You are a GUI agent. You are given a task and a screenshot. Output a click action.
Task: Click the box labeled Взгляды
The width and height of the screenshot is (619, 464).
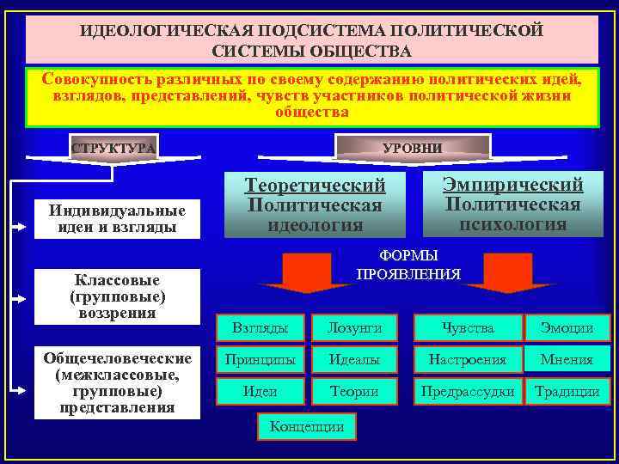tap(260, 327)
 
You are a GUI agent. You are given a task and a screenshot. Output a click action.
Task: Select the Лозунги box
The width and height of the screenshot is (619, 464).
tap(353, 327)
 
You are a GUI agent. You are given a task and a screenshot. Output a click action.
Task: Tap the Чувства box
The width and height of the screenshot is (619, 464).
tap(468, 327)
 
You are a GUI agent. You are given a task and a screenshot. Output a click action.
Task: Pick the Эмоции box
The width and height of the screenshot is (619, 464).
tap(567, 327)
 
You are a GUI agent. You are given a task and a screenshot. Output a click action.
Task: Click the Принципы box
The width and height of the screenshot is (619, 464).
tap(260, 359)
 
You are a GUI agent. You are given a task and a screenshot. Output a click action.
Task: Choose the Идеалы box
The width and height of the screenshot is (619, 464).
tap(353, 359)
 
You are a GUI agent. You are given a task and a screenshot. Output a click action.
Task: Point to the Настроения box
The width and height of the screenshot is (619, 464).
tap(468, 359)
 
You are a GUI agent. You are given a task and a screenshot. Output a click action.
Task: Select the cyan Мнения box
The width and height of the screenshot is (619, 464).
tap(567, 359)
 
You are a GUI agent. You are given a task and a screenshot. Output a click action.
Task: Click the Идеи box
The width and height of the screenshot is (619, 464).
tap(260, 391)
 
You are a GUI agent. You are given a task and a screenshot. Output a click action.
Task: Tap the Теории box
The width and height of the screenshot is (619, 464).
tap(353, 391)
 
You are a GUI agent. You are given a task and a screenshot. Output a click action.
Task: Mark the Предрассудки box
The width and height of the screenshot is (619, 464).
tap(468, 391)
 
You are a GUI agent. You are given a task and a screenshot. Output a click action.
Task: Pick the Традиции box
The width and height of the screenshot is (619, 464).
tap(567, 391)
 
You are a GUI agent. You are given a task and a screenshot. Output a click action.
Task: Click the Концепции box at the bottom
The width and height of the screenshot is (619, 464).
tap(307, 425)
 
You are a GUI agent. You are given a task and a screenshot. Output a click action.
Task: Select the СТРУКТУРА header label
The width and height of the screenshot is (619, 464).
tap(113, 148)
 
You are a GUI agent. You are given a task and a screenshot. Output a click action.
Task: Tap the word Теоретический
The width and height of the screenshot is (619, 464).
tap(316, 186)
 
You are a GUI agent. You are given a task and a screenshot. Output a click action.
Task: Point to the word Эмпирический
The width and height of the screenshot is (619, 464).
tap(512, 184)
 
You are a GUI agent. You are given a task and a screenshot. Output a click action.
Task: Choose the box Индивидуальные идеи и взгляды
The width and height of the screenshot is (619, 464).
tap(117, 219)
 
